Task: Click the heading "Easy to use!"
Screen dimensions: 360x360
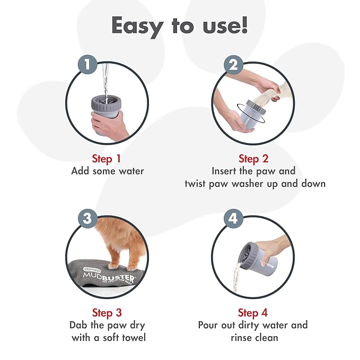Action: pyautogui.click(x=179, y=25)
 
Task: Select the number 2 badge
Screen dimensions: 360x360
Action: pyautogui.click(x=231, y=65)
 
